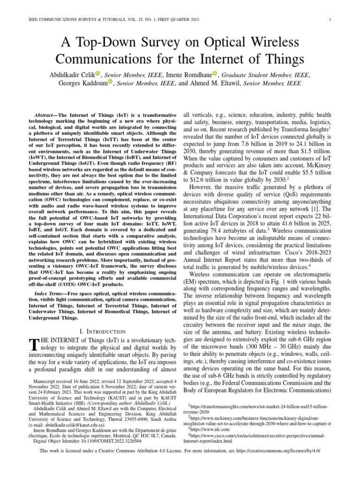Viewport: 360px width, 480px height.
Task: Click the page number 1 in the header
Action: pyautogui.click(x=331, y=20)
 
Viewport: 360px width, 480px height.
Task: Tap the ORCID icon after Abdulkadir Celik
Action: pyautogui.click(x=98, y=74)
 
